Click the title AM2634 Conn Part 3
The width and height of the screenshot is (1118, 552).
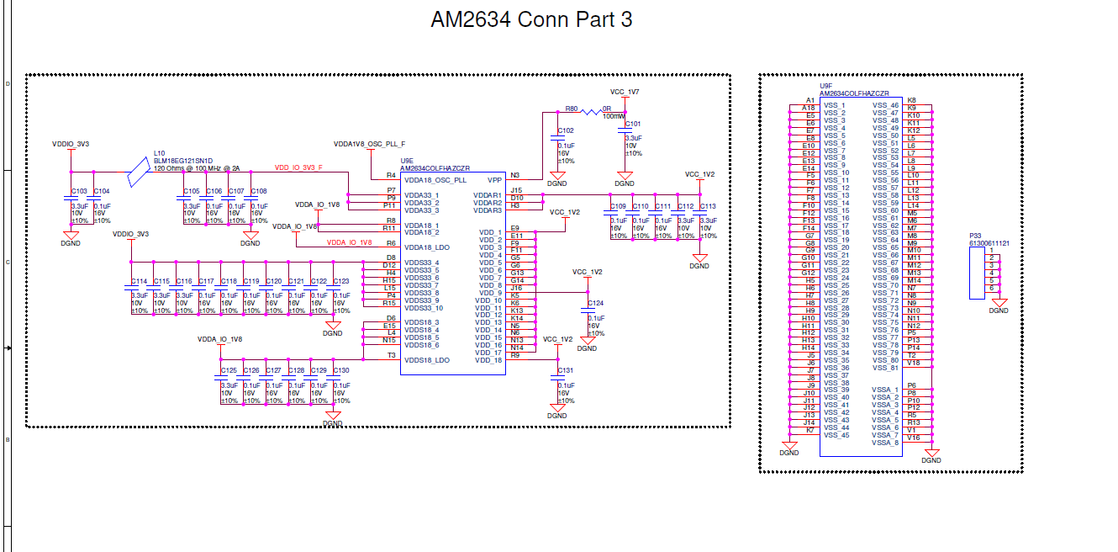[x=531, y=19]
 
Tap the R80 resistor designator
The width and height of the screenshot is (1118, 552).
[x=572, y=109]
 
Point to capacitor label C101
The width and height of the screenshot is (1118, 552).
[x=633, y=124]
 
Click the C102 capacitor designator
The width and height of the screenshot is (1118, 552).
[x=566, y=130]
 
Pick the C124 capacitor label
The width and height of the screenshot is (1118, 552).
[x=595, y=303]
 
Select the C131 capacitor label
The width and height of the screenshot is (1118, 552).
[x=566, y=370]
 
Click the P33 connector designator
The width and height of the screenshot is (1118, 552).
[x=975, y=236]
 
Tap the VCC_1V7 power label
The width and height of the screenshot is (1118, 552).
[x=624, y=91]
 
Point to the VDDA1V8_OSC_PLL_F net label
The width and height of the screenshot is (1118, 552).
[x=369, y=144]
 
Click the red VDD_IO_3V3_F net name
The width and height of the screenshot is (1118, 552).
[x=298, y=167]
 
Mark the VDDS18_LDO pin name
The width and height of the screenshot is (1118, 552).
[x=426, y=359]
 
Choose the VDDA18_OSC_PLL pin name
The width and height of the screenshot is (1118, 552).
[x=435, y=179]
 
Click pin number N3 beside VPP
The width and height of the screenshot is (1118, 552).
[x=514, y=175]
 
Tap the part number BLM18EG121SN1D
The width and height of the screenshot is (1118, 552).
[x=182, y=161]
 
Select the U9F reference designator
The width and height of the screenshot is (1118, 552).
[x=826, y=86]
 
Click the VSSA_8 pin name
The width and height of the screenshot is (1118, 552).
[x=885, y=443]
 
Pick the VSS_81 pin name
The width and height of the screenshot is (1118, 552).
[x=885, y=368]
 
